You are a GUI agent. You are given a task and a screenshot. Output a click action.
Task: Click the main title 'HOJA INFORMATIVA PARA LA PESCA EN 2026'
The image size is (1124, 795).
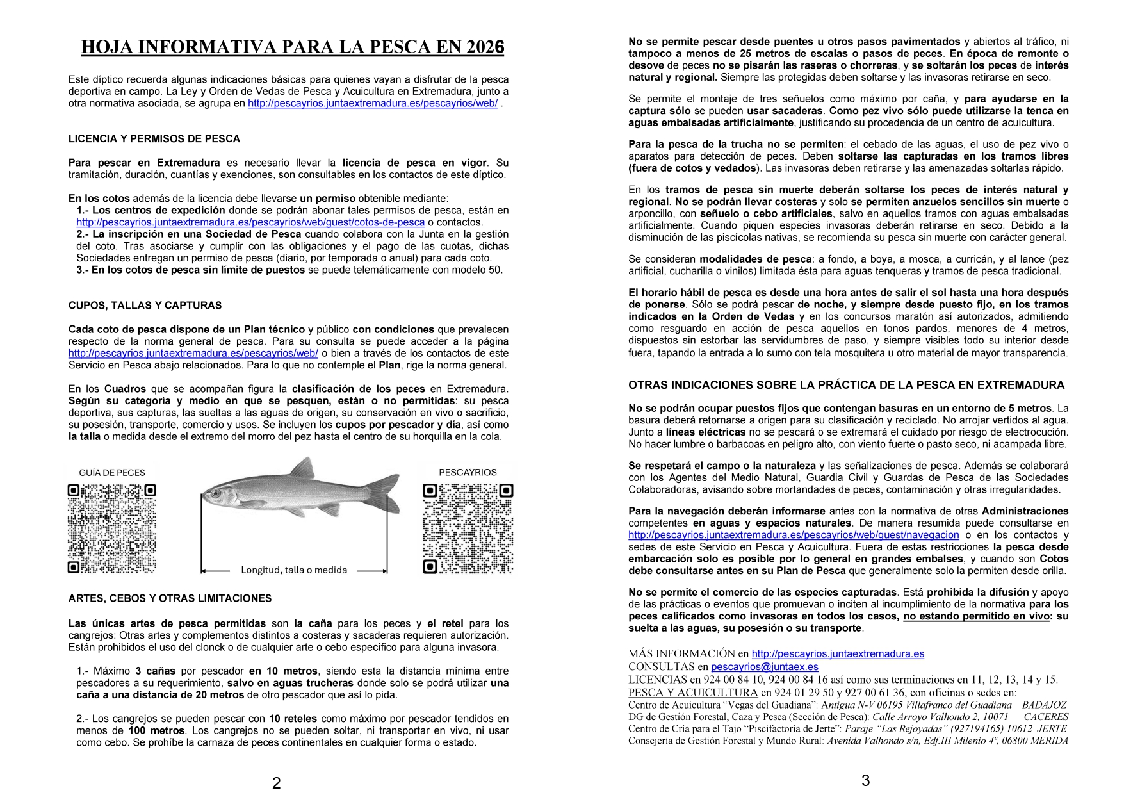(293, 47)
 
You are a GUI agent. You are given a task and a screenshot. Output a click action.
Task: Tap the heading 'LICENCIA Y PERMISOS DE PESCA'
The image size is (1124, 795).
(154, 139)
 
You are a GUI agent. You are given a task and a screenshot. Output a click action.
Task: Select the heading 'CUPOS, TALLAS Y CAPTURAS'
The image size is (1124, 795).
(145, 306)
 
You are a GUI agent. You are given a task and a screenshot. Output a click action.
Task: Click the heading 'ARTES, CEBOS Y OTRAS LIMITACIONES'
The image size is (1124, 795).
(170, 598)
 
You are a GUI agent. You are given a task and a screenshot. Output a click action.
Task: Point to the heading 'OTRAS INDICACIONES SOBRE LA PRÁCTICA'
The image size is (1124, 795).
(846, 385)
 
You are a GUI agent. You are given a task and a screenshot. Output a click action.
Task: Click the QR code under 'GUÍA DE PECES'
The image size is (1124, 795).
(112, 529)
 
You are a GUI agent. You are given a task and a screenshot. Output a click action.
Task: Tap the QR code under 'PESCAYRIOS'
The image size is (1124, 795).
(468, 529)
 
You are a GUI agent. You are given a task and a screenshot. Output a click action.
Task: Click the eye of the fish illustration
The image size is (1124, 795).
(215, 494)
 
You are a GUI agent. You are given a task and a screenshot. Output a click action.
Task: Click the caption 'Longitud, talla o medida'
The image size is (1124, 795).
(294, 570)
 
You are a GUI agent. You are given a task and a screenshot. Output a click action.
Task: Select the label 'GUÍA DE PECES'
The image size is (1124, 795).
(112, 473)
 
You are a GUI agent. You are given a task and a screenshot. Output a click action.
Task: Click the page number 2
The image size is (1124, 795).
(276, 783)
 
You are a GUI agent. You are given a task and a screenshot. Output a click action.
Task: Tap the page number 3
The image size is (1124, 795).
(865, 781)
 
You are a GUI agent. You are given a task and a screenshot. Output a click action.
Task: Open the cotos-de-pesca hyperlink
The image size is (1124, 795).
(250, 222)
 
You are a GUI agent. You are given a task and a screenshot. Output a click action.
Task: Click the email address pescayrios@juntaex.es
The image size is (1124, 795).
(764, 667)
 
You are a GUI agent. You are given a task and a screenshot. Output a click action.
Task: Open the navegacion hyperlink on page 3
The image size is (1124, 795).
(794, 535)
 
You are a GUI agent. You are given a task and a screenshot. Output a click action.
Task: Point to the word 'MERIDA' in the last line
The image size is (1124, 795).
(1051, 741)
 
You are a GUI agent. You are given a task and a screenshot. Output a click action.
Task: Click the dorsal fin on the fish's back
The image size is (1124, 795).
(305, 468)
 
